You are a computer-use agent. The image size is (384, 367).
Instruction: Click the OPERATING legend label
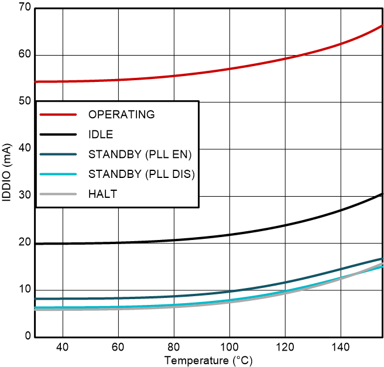pyautogui.click(x=121, y=114)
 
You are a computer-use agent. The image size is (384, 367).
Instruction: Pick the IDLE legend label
pyautogui.click(x=101, y=135)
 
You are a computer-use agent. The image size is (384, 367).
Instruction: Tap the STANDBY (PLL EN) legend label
pyautogui.click(x=140, y=155)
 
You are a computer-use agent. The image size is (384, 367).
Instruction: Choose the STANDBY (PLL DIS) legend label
pyautogui.click(x=141, y=174)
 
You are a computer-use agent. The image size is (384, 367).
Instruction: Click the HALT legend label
pyautogui.click(x=102, y=194)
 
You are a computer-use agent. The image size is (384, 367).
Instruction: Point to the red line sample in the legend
pyautogui.click(x=59, y=114)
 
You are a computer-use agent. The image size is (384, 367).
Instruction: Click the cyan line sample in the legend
pyautogui.click(x=59, y=174)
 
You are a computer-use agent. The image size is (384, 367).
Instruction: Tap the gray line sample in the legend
pyautogui.click(x=59, y=194)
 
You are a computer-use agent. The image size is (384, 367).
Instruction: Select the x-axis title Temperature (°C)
pyautogui.click(x=208, y=359)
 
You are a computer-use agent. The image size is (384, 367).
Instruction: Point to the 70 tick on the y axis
pyautogui.click(x=23, y=9)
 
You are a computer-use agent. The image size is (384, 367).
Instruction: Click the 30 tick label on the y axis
pyautogui.click(x=23, y=196)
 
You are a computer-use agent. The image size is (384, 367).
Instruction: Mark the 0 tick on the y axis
pyautogui.click(x=26, y=337)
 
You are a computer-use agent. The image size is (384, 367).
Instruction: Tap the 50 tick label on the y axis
pyautogui.click(x=23, y=102)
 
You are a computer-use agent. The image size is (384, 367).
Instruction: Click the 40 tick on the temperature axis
pyautogui.click(x=63, y=346)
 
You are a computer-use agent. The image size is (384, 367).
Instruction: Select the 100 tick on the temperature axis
pyautogui.click(x=229, y=346)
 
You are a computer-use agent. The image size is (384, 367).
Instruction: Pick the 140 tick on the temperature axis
pyautogui.click(x=341, y=346)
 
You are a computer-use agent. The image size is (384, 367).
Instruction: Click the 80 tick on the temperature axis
pyautogui.click(x=174, y=346)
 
